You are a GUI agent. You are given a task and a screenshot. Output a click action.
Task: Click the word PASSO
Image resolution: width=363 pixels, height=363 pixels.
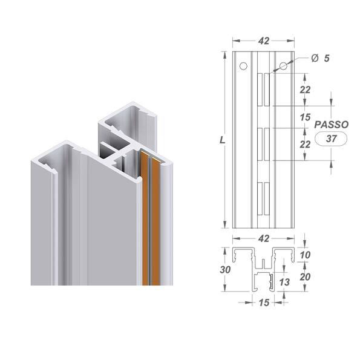[332, 125]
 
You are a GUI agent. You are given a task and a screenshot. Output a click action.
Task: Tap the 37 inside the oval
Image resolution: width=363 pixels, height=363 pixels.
[332, 139]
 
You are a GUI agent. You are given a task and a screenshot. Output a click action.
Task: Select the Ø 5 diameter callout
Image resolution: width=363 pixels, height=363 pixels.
[321, 58]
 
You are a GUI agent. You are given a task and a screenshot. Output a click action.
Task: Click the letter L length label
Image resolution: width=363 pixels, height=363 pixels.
[223, 140]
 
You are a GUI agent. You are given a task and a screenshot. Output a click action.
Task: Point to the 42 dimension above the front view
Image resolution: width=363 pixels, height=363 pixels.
[264, 41]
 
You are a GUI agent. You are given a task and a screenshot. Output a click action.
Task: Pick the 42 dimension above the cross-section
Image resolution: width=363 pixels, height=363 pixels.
[264, 238]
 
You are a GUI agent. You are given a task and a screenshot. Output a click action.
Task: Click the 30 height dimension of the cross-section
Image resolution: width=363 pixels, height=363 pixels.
[225, 270]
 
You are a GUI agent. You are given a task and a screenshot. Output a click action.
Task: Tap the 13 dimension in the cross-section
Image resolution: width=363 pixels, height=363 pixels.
[284, 282]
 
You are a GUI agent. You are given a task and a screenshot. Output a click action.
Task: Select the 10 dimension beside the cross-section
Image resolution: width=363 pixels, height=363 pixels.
[305, 255]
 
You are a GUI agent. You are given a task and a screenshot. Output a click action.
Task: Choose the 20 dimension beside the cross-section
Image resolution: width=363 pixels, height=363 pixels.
[305, 276]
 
